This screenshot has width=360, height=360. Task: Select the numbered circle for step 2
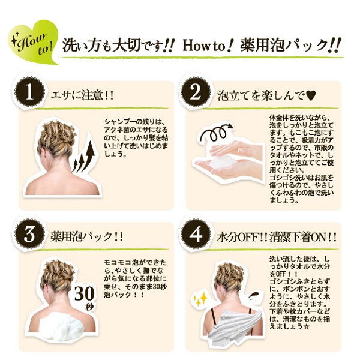[196, 93]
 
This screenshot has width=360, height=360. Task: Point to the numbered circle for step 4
[196, 234]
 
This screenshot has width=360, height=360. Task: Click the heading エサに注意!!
[82, 95]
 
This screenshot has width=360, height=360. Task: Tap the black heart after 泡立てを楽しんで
[311, 95]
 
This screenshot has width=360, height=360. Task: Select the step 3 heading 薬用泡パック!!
[87, 236]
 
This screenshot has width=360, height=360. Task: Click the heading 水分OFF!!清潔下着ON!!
[277, 237]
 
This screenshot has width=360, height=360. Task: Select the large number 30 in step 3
[85, 293]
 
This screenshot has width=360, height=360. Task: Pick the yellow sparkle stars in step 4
[200, 299]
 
